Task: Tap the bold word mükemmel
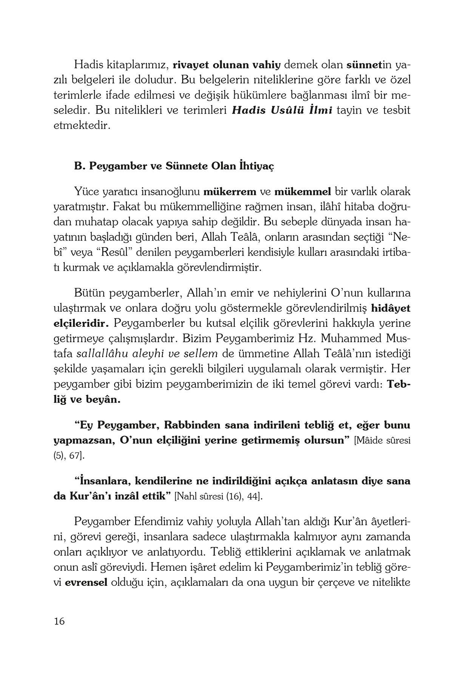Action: point(302,191)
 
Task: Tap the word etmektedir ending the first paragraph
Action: point(82,126)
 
